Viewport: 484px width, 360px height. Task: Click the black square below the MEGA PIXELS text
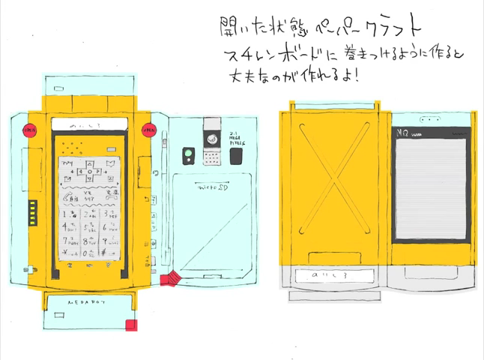pos(237,156)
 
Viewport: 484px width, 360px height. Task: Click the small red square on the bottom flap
pos(131,325)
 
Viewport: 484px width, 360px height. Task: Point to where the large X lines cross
pos(334,179)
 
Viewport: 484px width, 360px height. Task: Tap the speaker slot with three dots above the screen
pos(430,120)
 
